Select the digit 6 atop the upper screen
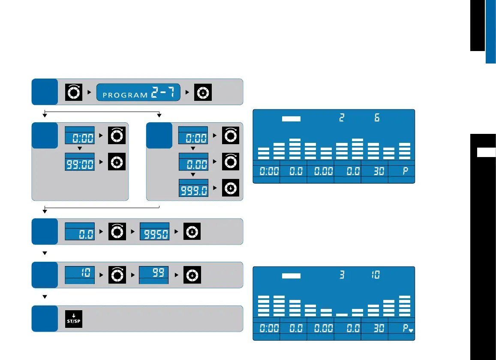377,118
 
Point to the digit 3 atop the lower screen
342,275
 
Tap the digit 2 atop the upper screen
342,118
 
